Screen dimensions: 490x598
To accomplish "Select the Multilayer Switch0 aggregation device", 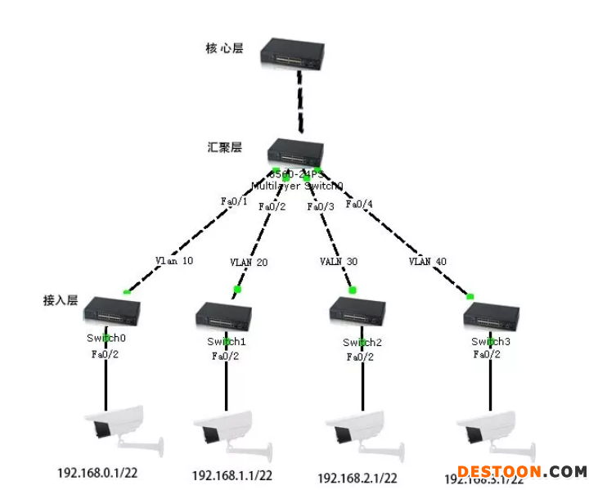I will click(x=297, y=153).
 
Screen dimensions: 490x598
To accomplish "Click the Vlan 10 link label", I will click(x=174, y=261).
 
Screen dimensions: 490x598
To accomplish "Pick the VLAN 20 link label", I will click(x=249, y=263).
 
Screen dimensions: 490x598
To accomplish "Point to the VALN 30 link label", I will click(x=338, y=262).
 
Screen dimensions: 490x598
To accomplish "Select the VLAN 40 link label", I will click(x=428, y=262).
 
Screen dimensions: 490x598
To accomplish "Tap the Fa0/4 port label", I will click(x=359, y=204).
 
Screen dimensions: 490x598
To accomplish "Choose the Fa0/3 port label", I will click(x=321, y=207).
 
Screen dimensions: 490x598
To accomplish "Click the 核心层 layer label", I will click(x=224, y=48).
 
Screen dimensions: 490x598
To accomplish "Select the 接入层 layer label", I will click(x=61, y=300).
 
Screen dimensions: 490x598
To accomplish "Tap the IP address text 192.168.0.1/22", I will click(x=97, y=473).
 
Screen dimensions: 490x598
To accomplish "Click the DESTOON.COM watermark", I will click(x=522, y=472).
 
